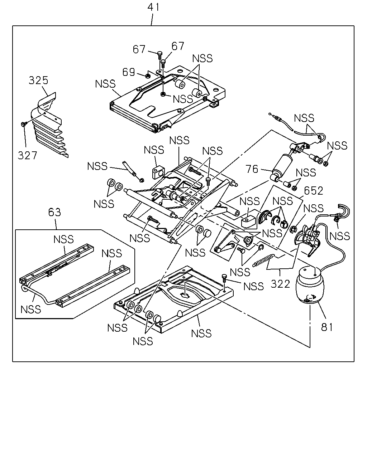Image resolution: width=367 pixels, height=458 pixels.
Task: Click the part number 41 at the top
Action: pyautogui.click(x=153, y=7)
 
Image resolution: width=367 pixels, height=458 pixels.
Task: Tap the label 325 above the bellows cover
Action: pyautogui.click(x=38, y=80)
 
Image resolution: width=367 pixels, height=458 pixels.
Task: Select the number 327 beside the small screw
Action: pyautogui.click(x=27, y=155)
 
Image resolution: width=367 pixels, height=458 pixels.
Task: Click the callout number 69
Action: pyautogui.click(x=129, y=72)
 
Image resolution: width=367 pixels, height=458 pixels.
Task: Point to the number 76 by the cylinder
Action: pyautogui.click(x=252, y=169)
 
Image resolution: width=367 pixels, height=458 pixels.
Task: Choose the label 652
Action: pyautogui.click(x=313, y=191)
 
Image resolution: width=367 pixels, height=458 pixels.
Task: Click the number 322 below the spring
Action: pyautogui.click(x=280, y=284)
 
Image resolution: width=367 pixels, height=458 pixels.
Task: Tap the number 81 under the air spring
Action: pyautogui.click(x=327, y=327)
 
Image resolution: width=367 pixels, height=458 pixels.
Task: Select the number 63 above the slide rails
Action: pyautogui.click(x=54, y=212)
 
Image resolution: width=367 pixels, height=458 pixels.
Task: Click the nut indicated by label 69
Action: pyautogui.click(x=147, y=75)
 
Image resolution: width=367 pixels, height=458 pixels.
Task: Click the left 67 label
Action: pyautogui.click(x=139, y=49)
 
